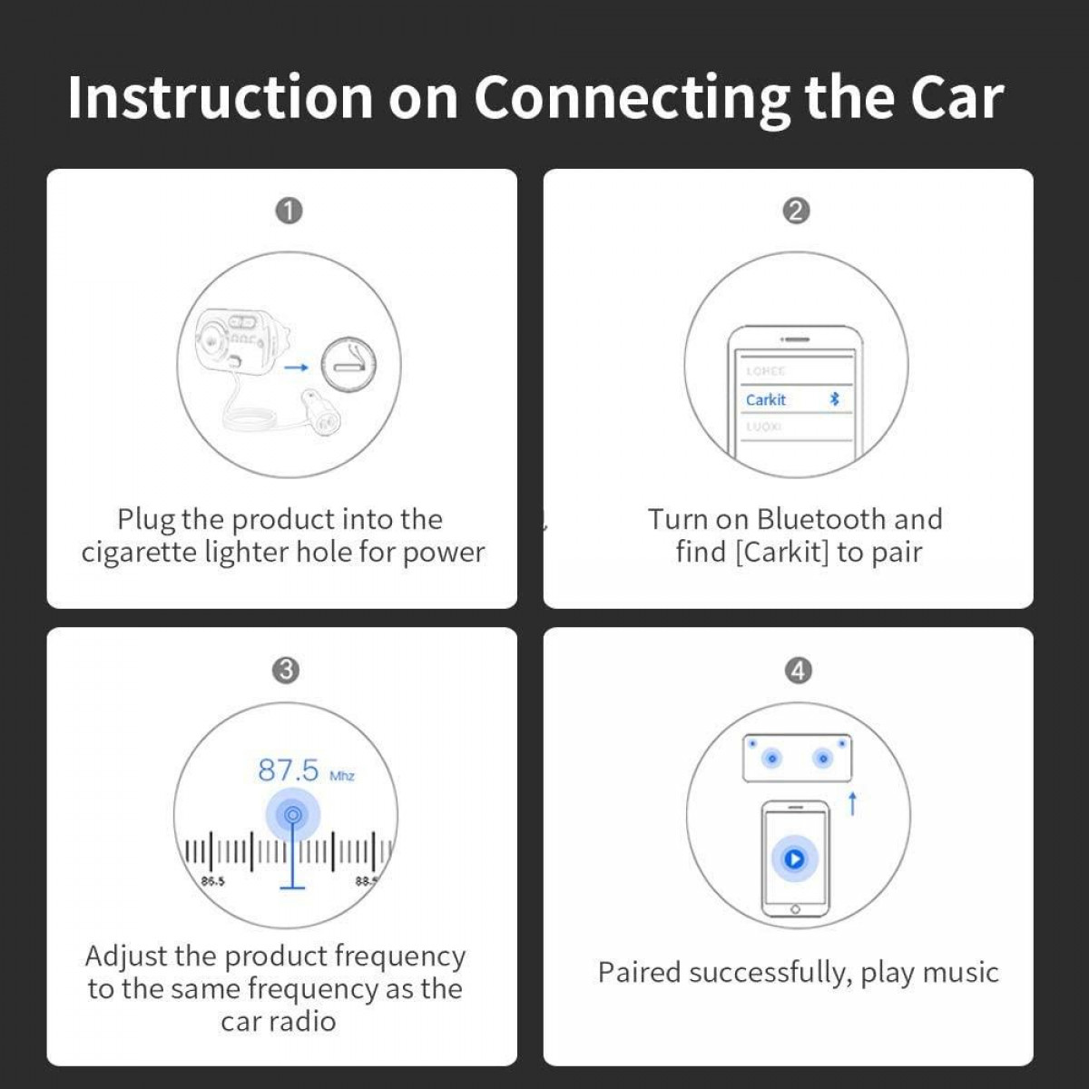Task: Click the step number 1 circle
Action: click(x=289, y=211)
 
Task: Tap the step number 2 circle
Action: click(x=796, y=211)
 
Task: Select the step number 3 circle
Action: click(x=285, y=671)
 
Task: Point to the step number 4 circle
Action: click(x=798, y=671)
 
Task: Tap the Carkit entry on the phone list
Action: click(x=766, y=400)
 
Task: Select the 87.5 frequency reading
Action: click(x=289, y=770)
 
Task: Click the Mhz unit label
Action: click(x=342, y=776)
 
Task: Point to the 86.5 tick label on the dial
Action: click(x=212, y=881)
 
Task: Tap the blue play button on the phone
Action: click(x=794, y=858)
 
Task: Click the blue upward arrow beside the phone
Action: click(x=852, y=803)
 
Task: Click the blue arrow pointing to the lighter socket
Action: click(x=296, y=368)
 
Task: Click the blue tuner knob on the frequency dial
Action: click(x=292, y=815)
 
